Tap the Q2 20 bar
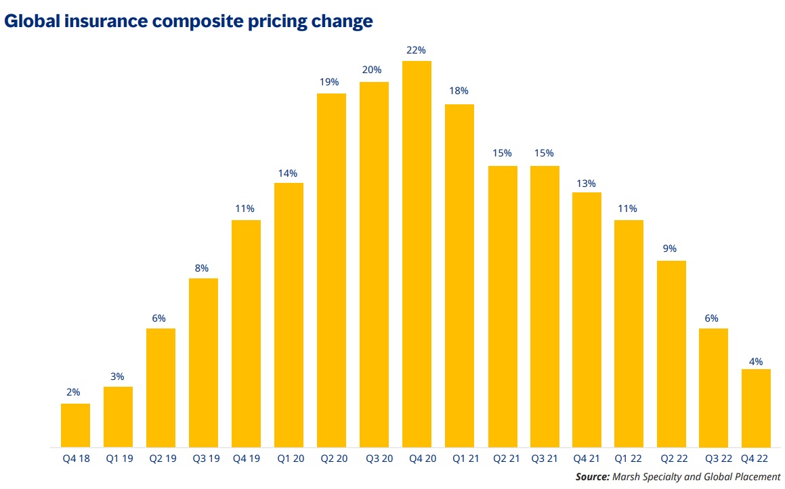point(331,270)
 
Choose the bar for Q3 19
point(203,362)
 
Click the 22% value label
point(417,50)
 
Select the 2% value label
point(74,392)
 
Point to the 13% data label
point(587,183)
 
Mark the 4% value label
point(756,362)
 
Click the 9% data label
point(670,249)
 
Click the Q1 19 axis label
point(118,459)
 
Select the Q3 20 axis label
point(374,459)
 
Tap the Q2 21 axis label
point(502,459)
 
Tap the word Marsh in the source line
point(628,477)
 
